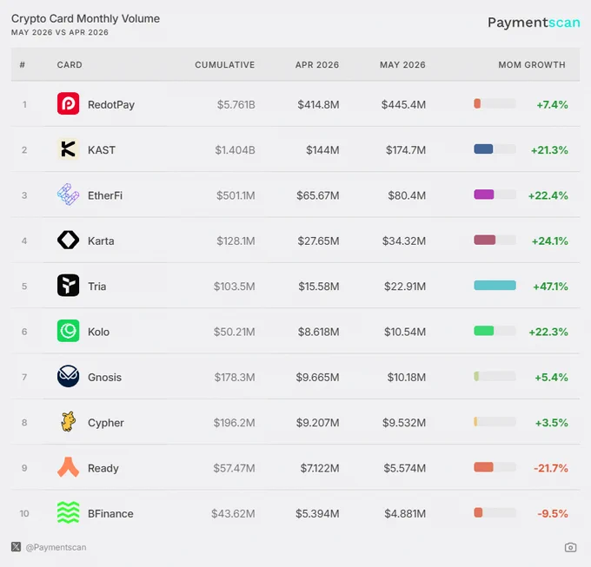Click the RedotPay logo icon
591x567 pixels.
pyautogui.click(x=68, y=103)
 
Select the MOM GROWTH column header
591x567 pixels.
pyautogui.click(x=532, y=65)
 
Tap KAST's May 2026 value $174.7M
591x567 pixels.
pyautogui.click(x=406, y=150)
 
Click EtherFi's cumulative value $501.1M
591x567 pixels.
pyautogui.click(x=236, y=195)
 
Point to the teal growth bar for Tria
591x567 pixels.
pyautogui.click(x=495, y=286)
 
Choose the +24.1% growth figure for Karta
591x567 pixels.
pyautogui.click(x=549, y=241)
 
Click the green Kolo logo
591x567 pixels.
pyautogui.click(x=68, y=331)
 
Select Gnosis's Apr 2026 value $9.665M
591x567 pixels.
pyautogui.click(x=317, y=377)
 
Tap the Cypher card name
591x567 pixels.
pyautogui.click(x=106, y=423)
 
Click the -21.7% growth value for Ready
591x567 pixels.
pyautogui.click(x=551, y=468)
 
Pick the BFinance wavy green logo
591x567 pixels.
pyautogui.click(x=68, y=512)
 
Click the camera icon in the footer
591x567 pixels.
pyautogui.click(x=571, y=547)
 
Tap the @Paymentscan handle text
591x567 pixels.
pyautogui.click(x=56, y=547)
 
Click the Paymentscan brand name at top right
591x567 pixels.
pyautogui.click(x=534, y=23)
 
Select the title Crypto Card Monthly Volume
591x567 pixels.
pyautogui.click(x=85, y=19)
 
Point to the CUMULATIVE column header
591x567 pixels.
pyautogui.click(x=224, y=65)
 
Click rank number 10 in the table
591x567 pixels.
pyautogui.click(x=24, y=513)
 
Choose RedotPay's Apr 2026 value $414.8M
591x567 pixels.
pyautogui.click(x=318, y=105)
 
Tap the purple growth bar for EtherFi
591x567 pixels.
pyautogui.click(x=484, y=194)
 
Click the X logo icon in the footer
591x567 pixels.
pyautogui.click(x=16, y=547)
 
